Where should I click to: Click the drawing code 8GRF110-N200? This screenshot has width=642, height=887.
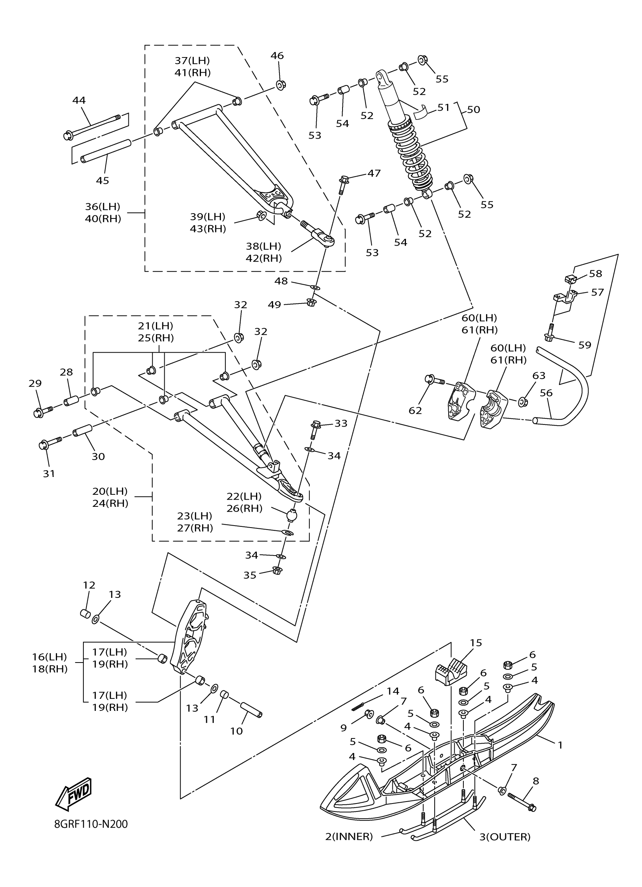91,824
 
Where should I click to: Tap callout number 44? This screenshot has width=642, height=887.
79,101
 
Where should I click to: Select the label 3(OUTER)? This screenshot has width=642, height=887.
505,837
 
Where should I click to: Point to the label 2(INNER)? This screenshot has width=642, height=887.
349,837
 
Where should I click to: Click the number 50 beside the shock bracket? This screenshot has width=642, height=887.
473,110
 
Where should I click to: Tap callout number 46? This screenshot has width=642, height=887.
277,56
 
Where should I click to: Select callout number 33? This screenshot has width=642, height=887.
341,423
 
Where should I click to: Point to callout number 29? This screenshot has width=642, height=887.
35,383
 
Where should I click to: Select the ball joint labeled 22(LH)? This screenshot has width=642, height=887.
291,515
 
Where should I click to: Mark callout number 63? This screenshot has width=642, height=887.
539,375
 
